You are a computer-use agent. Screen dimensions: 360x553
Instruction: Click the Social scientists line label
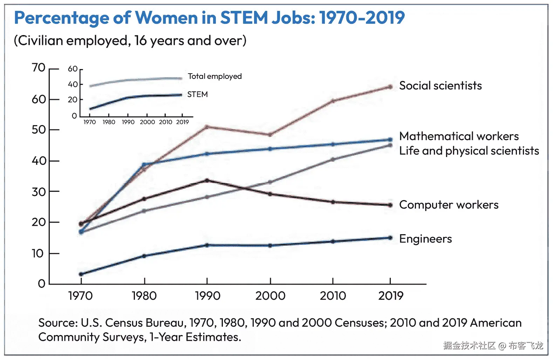tap(440, 86)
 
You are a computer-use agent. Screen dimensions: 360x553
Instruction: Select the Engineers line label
tap(425, 239)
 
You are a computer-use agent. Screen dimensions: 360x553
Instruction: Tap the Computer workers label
tap(449, 205)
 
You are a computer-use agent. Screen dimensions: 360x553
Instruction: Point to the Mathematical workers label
tap(459, 136)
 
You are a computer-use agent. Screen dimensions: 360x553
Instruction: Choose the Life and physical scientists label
tap(469, 151)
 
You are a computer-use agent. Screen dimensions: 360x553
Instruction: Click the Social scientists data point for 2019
tap(390, 87)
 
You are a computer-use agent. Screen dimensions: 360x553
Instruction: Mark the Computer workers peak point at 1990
tap(207, 181)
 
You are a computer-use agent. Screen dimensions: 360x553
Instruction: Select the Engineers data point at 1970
tap(81, 274)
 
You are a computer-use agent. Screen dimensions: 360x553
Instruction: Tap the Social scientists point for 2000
tap(270, 135)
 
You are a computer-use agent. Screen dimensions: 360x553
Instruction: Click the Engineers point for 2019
tap(390, 238)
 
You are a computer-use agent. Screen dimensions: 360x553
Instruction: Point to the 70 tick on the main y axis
tap(39, 68)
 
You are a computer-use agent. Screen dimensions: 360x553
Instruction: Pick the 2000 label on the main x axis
tap(270, 296)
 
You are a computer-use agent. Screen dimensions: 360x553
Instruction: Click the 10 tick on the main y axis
tap(38, 253)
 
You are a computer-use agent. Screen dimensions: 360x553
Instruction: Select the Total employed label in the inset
tap(214, 76)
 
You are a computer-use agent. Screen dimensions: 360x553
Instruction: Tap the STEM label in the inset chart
tap(197, 95)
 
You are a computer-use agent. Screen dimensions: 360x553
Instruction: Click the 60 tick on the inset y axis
tap(73, 69)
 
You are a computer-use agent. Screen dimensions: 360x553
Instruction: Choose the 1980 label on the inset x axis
tap(109, 122)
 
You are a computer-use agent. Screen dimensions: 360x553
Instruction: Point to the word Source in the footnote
tap(57, 323)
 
